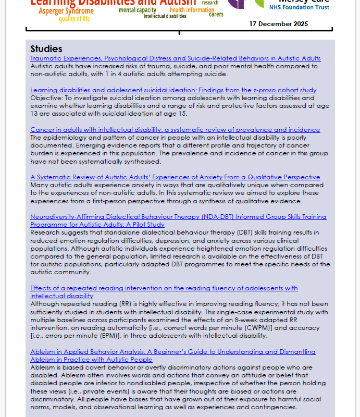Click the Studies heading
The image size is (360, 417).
[46, 49]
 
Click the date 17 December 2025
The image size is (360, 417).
[278, 24]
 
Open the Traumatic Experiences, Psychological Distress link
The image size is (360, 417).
[175, 58]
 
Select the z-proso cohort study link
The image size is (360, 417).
[173, 90]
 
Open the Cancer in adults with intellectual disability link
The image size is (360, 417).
[175, 130]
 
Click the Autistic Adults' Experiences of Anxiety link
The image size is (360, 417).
[175, 177]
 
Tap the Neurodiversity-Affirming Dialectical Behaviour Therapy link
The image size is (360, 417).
[178, 217]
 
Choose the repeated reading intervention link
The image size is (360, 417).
[164, 288]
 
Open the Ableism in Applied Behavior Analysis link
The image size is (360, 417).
[172, 352]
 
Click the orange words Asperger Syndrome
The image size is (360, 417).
[66, 11]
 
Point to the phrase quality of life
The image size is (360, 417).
[74, 19]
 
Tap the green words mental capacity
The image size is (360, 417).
[138, 10]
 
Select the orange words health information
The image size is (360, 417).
[192, 10]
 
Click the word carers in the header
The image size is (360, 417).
[216, 14]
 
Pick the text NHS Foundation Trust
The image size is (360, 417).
[299, 8]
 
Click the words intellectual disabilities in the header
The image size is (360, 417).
[165, 16]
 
